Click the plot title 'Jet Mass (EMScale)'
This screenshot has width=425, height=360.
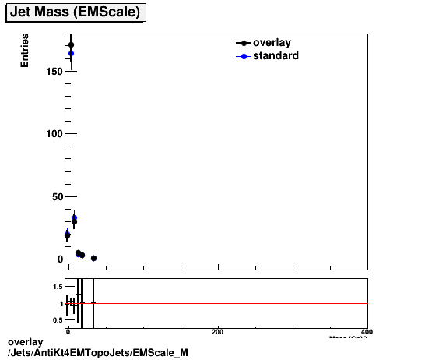[75, 12]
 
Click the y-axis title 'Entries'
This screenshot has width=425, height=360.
[25, 51]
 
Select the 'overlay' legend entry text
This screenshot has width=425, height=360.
[272, 43]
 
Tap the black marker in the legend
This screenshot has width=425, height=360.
[244, 44]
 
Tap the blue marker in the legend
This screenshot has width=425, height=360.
[244, 56]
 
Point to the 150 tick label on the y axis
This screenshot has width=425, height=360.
[52, 72]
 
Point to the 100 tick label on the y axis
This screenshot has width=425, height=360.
[52, 134]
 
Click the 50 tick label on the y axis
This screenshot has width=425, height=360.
[55, 196]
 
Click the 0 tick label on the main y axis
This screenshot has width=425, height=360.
[58, 259]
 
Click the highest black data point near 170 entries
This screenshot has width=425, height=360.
[71, 44]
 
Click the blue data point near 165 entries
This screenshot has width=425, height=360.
[71, 54]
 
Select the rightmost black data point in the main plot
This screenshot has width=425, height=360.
[93, 258]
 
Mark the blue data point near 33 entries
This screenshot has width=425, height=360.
[74, 218]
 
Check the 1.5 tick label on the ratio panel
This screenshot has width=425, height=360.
[56, 288]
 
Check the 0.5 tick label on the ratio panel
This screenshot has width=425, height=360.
[56, 319]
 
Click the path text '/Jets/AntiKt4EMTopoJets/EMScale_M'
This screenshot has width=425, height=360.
[97, 353]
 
